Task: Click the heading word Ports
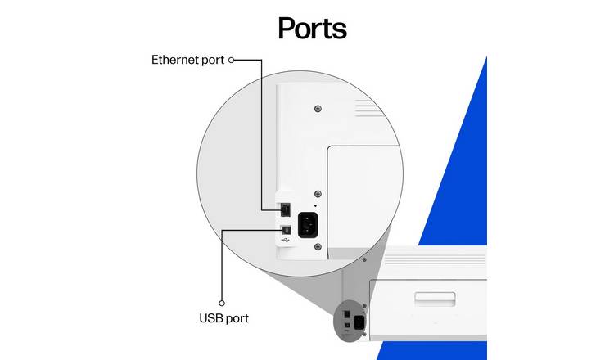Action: point(312,29)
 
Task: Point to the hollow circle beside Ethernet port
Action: point(232,60)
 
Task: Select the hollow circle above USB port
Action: point(222,303)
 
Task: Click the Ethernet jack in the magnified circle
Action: point(286,209)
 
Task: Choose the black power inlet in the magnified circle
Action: point(308,225)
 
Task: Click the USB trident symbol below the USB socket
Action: point(286,240)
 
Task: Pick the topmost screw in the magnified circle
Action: point(318,109)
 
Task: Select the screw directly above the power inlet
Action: point(318,194)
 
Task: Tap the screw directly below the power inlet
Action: point(318,246)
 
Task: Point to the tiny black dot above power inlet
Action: point(316,206)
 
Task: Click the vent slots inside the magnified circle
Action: point(368,108)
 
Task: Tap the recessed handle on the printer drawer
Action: point(435,299)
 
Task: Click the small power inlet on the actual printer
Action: point(359,322)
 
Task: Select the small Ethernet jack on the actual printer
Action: point(346,314)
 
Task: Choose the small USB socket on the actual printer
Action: point(347,325)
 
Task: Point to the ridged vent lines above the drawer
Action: point(435,259)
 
